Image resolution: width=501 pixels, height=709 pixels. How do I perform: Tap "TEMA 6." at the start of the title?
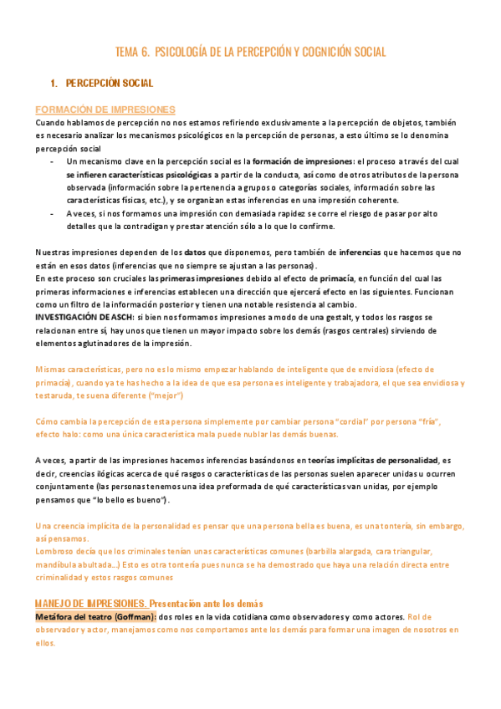tap(132, 53)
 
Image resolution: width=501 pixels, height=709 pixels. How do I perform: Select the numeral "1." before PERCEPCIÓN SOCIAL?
tap(54, 84)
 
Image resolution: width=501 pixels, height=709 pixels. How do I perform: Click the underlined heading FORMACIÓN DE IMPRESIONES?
tap(105, 110)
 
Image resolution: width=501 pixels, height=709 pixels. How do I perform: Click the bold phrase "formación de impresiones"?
tap(302, 161)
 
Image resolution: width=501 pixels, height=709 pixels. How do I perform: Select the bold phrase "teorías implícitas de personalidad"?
tap(373, 460)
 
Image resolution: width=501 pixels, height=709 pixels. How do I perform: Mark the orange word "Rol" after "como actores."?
tap(405, 616)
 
